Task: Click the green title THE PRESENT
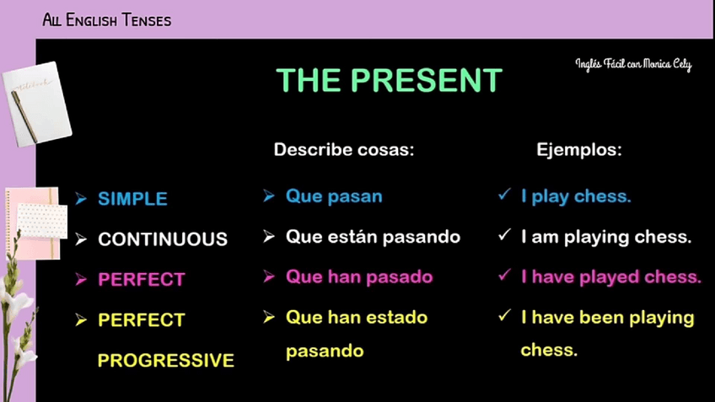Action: [389, 80]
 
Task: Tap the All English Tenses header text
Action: [107, 20]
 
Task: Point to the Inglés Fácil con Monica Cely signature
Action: [633, 64]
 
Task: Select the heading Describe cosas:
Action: [344, 149]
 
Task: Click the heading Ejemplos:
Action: [579, 149]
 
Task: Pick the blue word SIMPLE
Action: [132, 199]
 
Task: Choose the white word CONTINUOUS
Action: [163, 239]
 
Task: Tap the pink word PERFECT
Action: [142, 280]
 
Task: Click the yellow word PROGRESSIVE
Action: [166, 360]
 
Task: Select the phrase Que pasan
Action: [334, 196]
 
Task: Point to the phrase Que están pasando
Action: [373, 237]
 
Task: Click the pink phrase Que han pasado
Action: [359, 276]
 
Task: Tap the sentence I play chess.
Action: [576, 196]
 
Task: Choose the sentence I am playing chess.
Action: [606, 237]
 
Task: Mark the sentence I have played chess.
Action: [611, 276]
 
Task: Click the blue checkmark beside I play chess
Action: [504, 195]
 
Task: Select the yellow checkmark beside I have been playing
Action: [504, 315]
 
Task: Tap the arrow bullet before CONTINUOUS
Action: [81, 239]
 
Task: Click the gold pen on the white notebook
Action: [24, 116]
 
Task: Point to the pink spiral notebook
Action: [33, 223]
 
